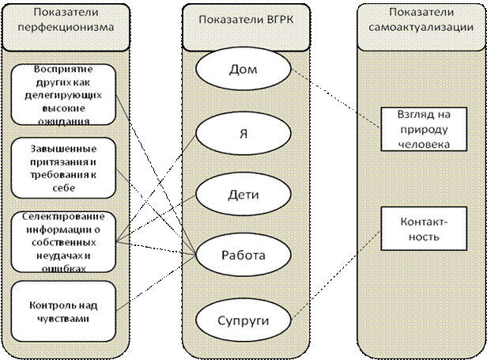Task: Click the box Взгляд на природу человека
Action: tap(414, 128)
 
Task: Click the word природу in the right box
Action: tap(414, 130)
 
